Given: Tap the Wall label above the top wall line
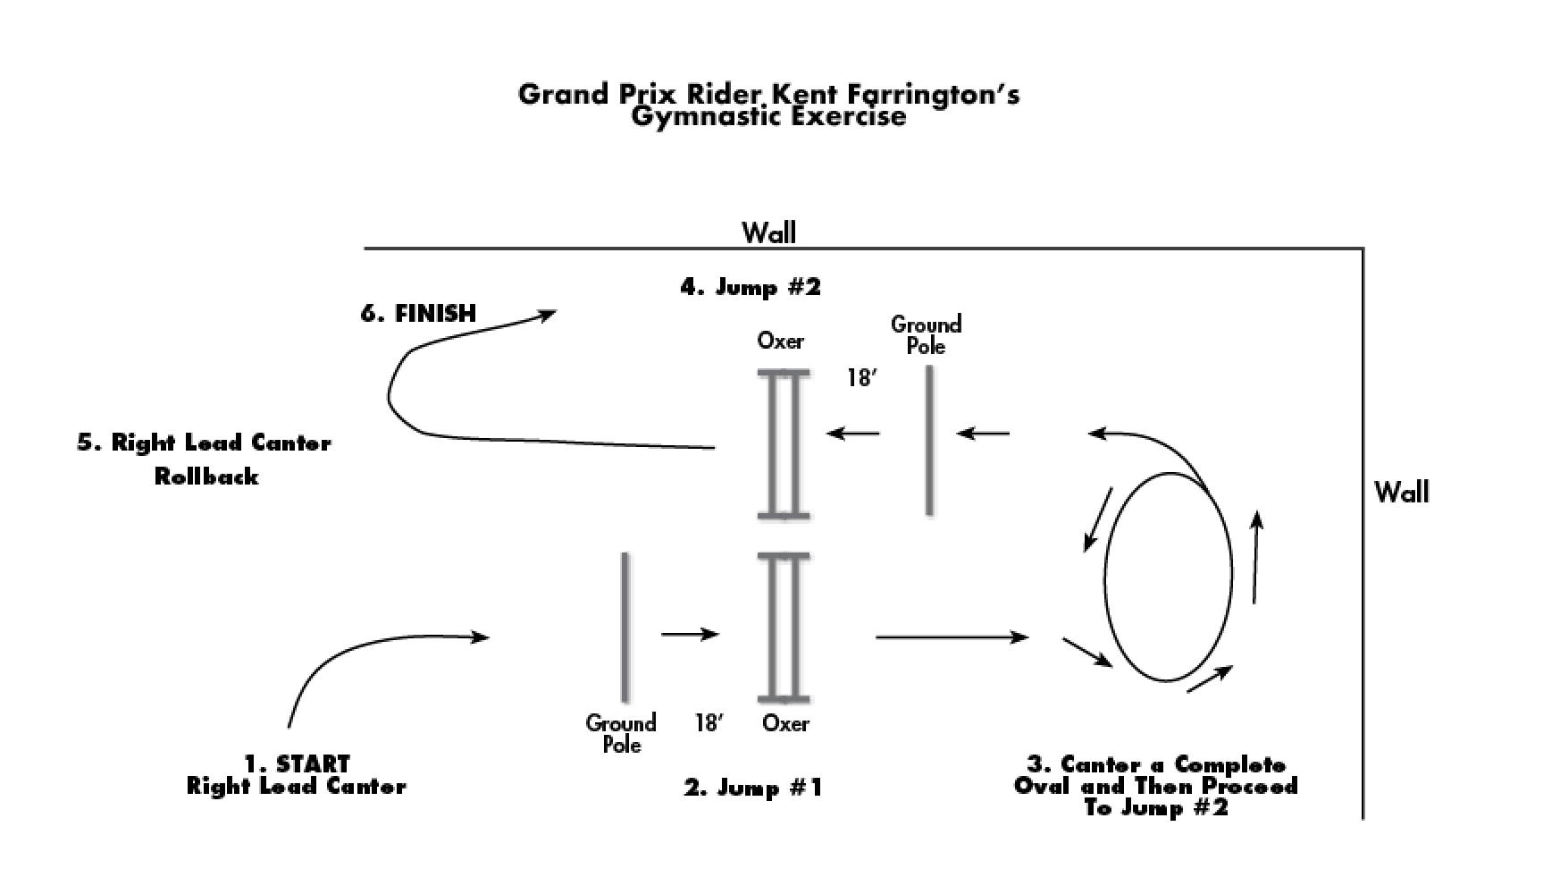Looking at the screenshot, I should [x=768, y=233].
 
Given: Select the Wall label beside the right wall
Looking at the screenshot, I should [x=1401, y=492].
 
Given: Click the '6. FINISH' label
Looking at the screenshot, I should [x=418, y=313].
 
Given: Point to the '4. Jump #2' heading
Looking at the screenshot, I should [x=751, y=287].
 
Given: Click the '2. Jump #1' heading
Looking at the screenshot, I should [x=753, y=788].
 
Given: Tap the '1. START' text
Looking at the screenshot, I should [x=298, y=763].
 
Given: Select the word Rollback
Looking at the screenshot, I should [x=206, y=477].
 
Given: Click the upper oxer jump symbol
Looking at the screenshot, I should [x=784, y=444].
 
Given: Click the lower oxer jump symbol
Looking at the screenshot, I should [x=784, y=627].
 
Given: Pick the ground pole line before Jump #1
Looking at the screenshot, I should [x=624, y=627].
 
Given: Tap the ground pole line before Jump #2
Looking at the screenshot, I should [x=929, y=441].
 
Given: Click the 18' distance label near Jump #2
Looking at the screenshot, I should [x=860, y=378].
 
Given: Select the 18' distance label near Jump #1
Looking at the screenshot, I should [x=709, y=722].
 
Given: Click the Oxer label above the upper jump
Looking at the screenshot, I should [x=780, y=341].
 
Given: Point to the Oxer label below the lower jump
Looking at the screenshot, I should [x=785, y=723].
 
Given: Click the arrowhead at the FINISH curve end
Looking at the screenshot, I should [x=547, y=313].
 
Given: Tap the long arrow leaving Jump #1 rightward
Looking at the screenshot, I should [x=951, y=637].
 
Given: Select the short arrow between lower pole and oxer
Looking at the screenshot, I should [x=689, y=635].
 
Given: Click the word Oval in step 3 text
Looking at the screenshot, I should [x=1043, y=786].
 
